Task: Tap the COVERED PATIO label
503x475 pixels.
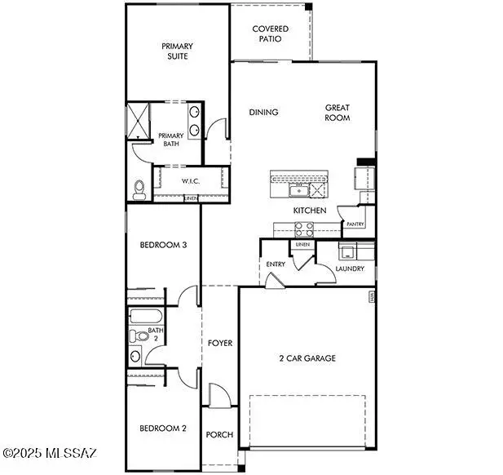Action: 270,33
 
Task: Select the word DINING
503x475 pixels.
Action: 263,113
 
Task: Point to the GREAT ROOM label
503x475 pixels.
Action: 338,113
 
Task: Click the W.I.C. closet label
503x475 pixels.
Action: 191,180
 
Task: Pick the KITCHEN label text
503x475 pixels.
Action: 310,211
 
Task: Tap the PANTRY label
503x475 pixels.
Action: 355,224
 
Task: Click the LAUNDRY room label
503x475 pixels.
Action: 349,269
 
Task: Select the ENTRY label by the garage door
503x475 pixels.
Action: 275,264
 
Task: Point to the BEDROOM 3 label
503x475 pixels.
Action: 159,245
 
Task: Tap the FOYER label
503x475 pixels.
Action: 220,343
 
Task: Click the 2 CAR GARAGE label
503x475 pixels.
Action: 306,357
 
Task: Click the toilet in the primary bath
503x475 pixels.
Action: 139,189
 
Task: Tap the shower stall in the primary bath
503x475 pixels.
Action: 142,122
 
